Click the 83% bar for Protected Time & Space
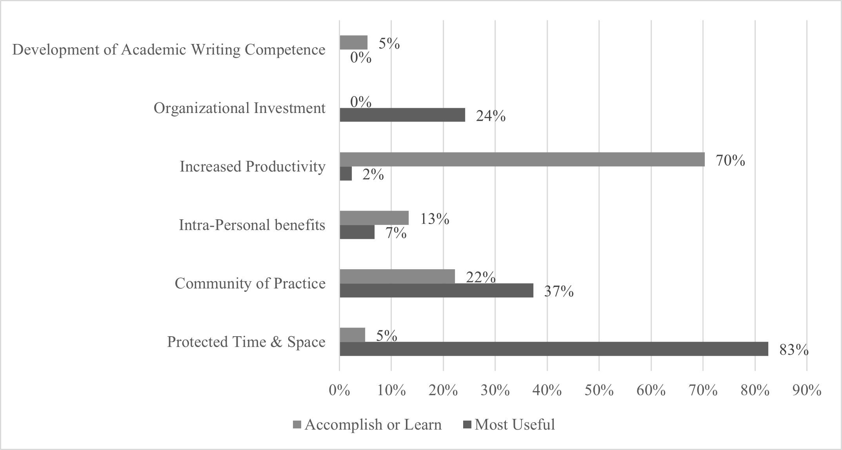(x=553, y=349)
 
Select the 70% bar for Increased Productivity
(x=522, y=160)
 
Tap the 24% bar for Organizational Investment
(x=402, y=115)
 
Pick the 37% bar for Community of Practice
(x=436, y=291)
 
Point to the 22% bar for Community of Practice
(x=397, y=276)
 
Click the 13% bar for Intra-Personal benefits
(x=374, y=218)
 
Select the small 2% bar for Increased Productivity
(x=346, y=174)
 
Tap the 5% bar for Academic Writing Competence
(x=353, y=42)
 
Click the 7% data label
(x=395, y=233)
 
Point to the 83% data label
(x=794, y=350)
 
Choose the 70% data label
(x=730, y=161)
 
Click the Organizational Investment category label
(x=239, y=108)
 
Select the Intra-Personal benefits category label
(x=252, y=225)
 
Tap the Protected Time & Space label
(x=246, y=342)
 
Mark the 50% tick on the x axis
(x=599, y=390)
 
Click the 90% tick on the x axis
(x=807, y=390)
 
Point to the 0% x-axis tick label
(x=339, y=390)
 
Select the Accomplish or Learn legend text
(x=373, y=425)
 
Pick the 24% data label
(x=491, y=117)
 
